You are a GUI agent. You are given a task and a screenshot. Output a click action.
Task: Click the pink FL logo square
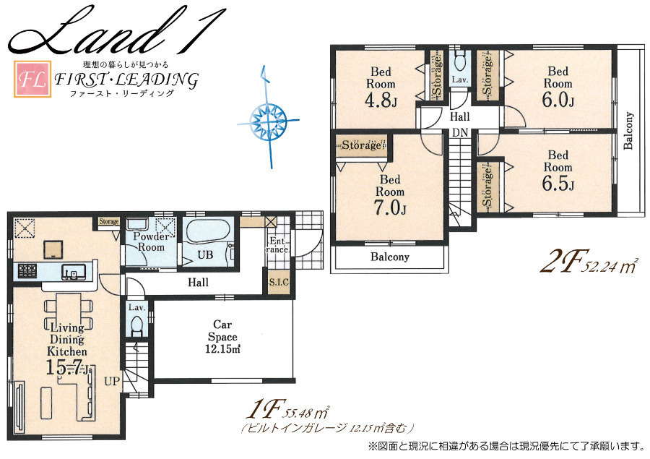click(32, 79)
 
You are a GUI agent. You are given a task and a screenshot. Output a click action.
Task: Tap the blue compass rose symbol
click(268, 121)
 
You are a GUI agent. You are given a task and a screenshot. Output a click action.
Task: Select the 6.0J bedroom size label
click(558, 100)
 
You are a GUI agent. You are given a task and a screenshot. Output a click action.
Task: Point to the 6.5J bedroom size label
click(558, 184)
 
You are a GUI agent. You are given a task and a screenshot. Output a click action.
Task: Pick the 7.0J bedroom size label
click(390, 208)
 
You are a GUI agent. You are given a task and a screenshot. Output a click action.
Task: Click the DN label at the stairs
click(460, 133)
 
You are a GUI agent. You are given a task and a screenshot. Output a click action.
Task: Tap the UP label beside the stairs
click(111, 381)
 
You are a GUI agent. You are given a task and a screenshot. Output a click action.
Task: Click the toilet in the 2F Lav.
click(460, 61)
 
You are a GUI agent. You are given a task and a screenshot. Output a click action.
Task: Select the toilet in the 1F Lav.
click(136, 325)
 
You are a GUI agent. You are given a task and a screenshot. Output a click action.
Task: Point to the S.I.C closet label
click(279, 282)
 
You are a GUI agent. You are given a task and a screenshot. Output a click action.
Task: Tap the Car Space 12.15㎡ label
click(223, 337)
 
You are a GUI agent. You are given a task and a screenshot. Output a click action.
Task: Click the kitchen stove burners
click(27, 271)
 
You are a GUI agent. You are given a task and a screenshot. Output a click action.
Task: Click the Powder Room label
click(151, 242)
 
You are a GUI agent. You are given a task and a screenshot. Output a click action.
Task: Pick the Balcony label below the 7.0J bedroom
click(390, 257)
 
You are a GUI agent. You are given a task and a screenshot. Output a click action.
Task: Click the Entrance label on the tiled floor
click(277, 245)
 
